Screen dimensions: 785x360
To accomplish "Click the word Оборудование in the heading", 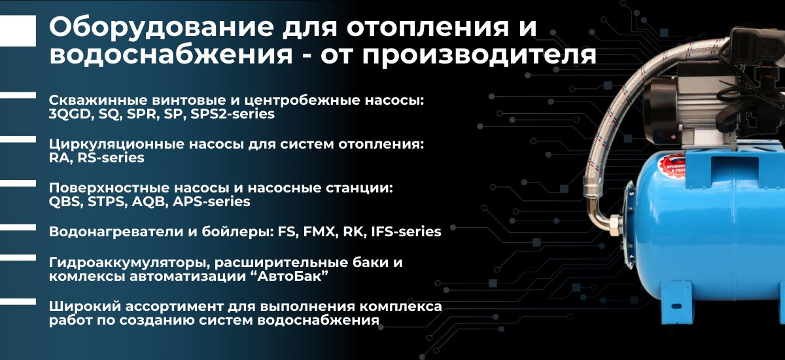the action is coord(161,27).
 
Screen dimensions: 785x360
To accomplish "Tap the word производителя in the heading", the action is coord(479,56).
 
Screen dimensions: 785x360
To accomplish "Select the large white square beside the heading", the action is coord(18,31).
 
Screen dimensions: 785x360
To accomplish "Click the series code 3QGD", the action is coord(70,115).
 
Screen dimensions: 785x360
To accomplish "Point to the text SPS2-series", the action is coord(232,114).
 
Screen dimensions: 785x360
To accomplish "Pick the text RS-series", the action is coord(111,158).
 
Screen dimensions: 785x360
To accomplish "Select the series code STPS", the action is coord(107,202).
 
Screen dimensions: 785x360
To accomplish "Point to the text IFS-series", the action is coord(406,232).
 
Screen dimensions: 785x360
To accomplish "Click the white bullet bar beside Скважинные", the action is coord(18,96).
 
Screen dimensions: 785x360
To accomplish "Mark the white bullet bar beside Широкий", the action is coord(18,302).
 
